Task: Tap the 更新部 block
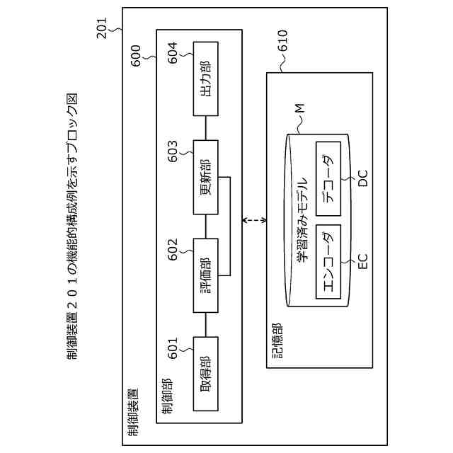[x=205, y=177]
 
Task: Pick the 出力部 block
[x=205, y=79]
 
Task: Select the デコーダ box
[x=327, y=178]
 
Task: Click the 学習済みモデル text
[x=300, y=220]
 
